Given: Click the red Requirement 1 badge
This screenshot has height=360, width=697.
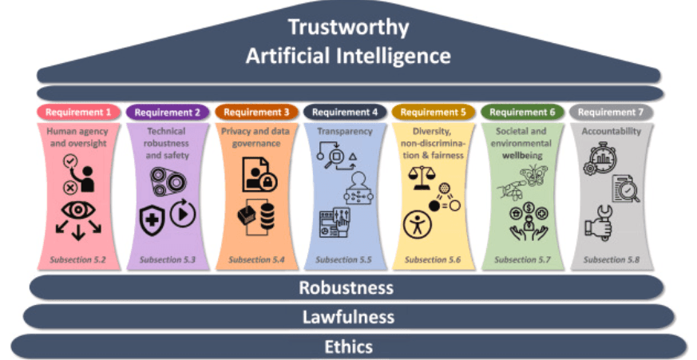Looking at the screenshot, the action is pos(79,113).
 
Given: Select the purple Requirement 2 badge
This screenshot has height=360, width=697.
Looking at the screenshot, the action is pos(168,113).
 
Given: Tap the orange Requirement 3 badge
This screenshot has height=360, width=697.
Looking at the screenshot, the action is pos(256,113).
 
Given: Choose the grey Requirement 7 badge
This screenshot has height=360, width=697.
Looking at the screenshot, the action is pos(611,113).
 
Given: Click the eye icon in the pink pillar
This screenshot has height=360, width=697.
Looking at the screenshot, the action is pos(78,212).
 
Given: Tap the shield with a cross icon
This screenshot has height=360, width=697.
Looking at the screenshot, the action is pos(152,220).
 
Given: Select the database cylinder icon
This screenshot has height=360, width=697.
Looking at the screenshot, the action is pos(265,217).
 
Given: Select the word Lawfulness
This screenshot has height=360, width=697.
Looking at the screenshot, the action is pos(348,317).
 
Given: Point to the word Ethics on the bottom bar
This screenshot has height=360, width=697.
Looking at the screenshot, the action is pos(348,346).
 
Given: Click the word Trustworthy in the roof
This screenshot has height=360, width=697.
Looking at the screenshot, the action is pos(348,27).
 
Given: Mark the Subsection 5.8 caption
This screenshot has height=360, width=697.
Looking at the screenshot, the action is pos(611,259).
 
